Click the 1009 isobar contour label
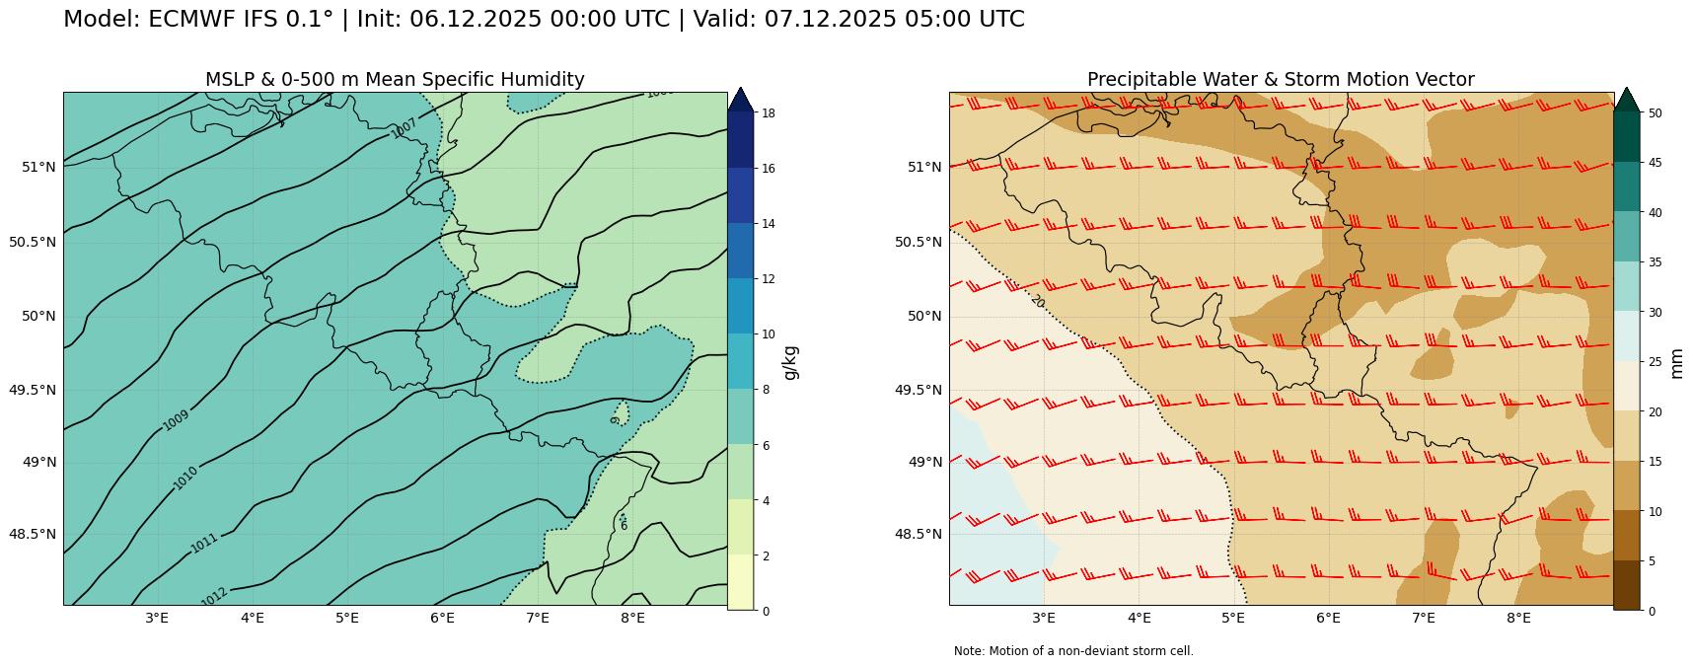(x=176, y=419)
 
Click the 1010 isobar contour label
(x=185, y=478)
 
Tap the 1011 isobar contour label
(x=204, y=543)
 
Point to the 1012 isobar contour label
(x=214, y=596)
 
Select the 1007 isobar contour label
(x=404, y=128)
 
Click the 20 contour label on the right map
(x=1037, y=301)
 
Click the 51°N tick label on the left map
(x=39, y=167)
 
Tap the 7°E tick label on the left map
(x=537, y=619)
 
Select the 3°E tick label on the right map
(x=1044, y=619)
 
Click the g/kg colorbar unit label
(x=790, y=362)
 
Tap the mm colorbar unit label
(x=1677, y=362)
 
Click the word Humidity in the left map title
(x=541, y=79)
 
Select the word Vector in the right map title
(x=1443, y=79)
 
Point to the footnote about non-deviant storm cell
(x=1073, y=651)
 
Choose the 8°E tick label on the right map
(x=1518, y=619)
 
